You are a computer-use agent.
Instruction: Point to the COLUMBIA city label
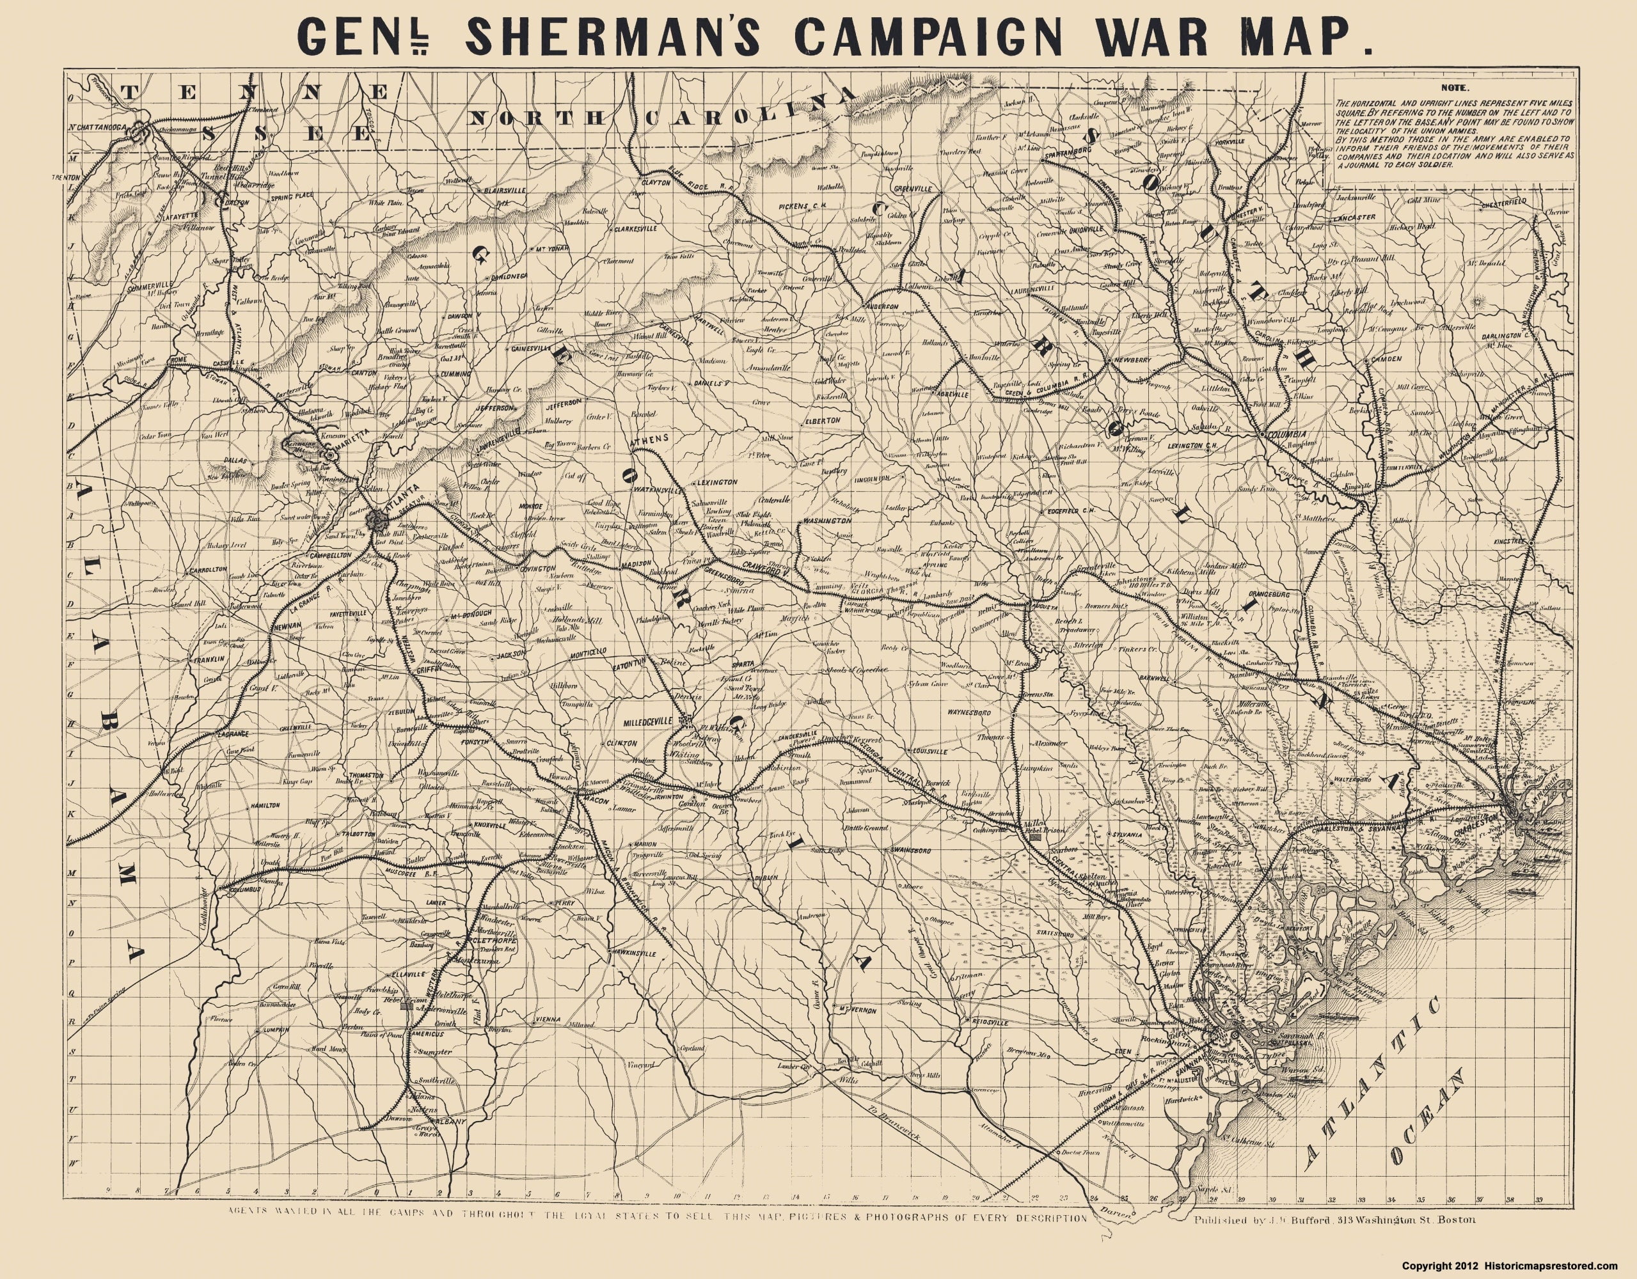[x=1285, y=435]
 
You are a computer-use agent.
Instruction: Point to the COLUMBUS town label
[x=244, y=890]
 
